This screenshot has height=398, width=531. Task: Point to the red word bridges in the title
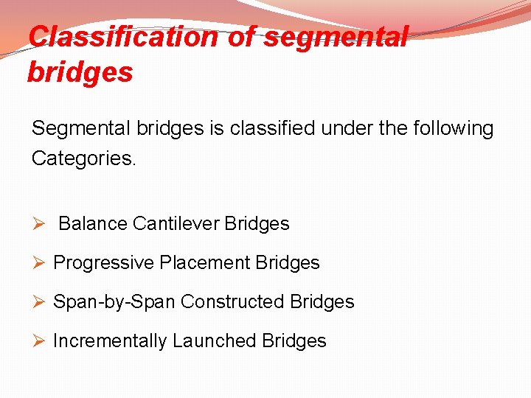[80, 72]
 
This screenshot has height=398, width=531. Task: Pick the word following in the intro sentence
[447, 129]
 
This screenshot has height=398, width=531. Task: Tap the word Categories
[83, 158]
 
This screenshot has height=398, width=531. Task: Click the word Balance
[93, 223]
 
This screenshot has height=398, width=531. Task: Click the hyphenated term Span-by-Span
[114, 302]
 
